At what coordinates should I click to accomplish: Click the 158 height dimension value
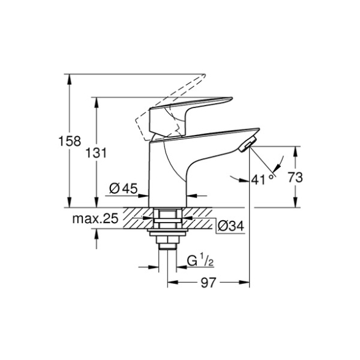click(x=69, y=141)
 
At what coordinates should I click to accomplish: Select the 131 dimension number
click(x=96, y=153)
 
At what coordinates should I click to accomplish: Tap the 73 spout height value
click(x=295, y=177)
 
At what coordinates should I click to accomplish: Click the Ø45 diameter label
click(x=123, y=188)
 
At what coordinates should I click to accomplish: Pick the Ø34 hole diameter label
click(x=231, y=226)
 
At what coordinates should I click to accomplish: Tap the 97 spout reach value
click(x=209, y=282)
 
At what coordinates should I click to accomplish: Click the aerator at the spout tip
click(x=248, y=144)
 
